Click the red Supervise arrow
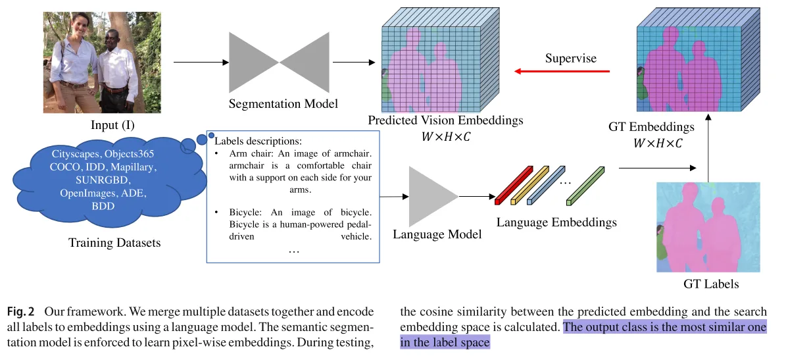point(562,72)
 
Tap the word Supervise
point(571,58)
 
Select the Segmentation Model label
point(283,104)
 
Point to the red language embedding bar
point(513,185)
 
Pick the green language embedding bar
point(585,186)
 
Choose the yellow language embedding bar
point(530,185)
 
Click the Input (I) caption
point(112,124)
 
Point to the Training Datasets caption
point(114,243)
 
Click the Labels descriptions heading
point(258,141)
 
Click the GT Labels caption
point(711,284)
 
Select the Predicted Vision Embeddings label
point(445,121)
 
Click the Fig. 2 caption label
point(21,312)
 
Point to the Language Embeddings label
point(556,222)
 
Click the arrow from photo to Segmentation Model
point(201,62)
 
